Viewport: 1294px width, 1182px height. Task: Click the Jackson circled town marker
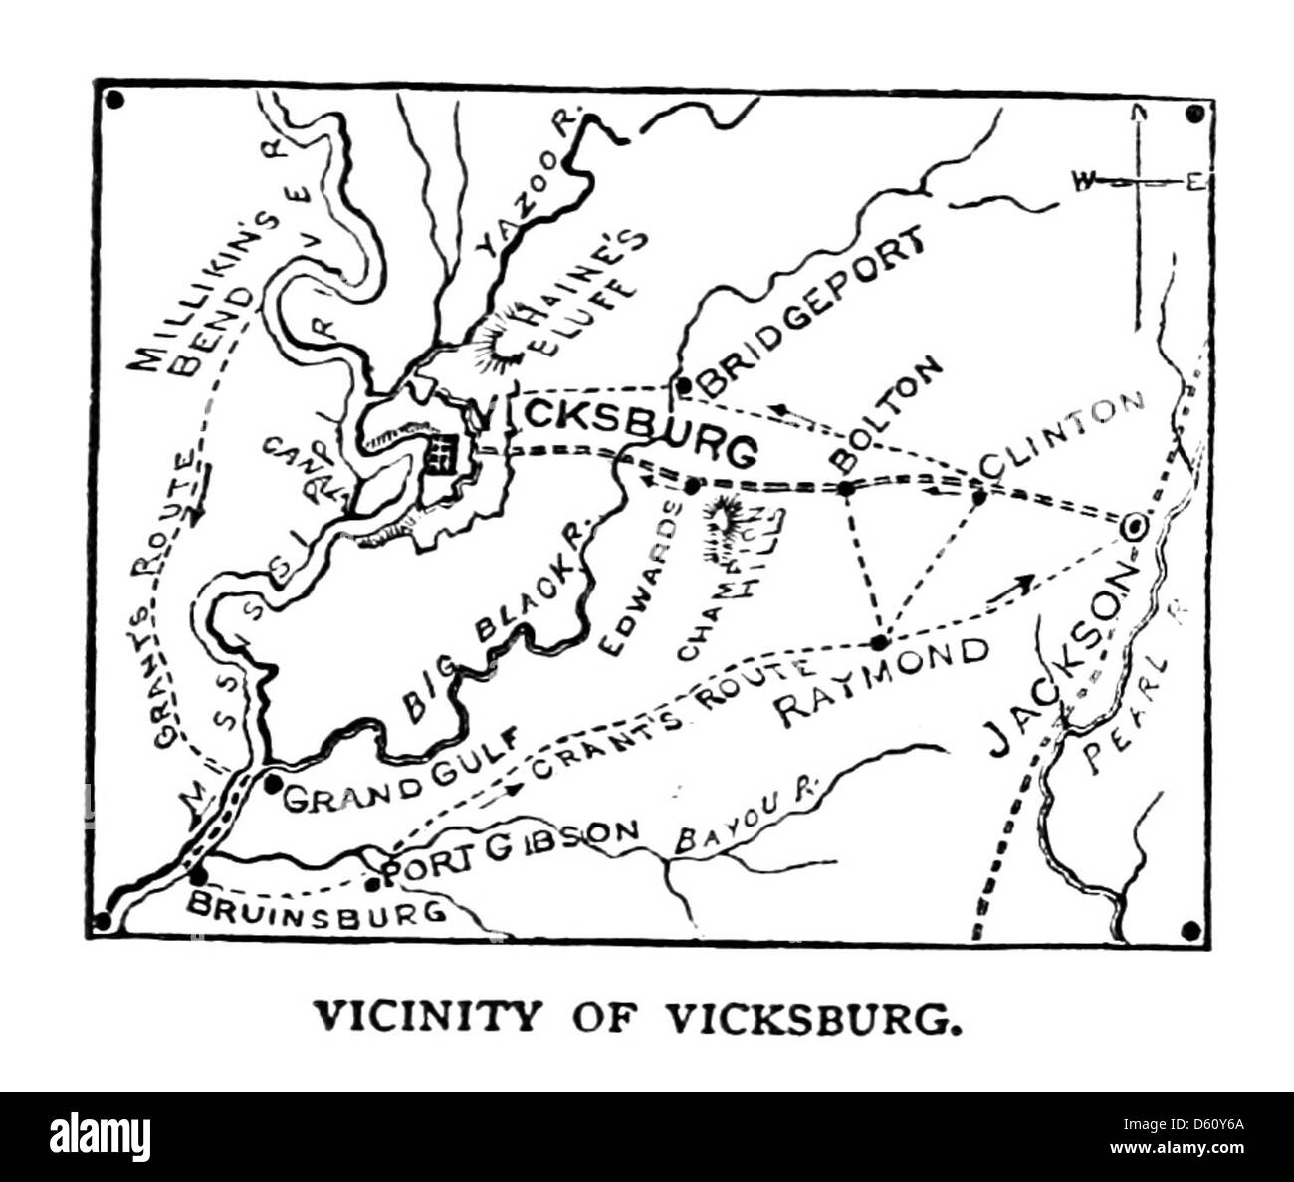point(1133,526)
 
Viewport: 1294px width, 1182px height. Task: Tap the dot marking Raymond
point(878,642)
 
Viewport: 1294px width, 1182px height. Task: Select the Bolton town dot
point(845,488)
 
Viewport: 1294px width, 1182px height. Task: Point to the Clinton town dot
point(977,495)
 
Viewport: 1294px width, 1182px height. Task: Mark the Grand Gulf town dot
point(271,783)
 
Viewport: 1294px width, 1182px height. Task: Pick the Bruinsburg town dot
point(198,876)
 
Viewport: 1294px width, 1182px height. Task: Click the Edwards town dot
point(692,487)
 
